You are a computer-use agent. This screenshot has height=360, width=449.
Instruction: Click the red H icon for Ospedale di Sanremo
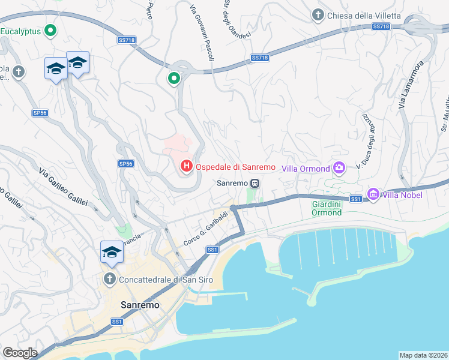point(187,166)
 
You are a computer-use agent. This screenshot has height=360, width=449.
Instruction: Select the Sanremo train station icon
point(255,183)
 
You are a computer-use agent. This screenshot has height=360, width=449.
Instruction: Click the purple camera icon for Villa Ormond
point(339,168)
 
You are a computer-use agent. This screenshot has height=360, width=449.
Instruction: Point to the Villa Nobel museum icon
point(373,194)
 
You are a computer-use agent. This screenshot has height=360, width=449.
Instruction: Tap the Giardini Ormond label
point(327,208)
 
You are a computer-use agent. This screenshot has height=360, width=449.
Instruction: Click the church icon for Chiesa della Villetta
point(318,14)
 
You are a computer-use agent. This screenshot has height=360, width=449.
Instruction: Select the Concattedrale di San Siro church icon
point(109,279)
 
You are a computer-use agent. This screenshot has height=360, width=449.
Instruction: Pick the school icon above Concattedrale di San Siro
point(112,253)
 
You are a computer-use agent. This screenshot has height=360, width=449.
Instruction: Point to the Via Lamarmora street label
point(411,84)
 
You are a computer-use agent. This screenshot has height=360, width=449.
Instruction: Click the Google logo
point(20,353)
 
